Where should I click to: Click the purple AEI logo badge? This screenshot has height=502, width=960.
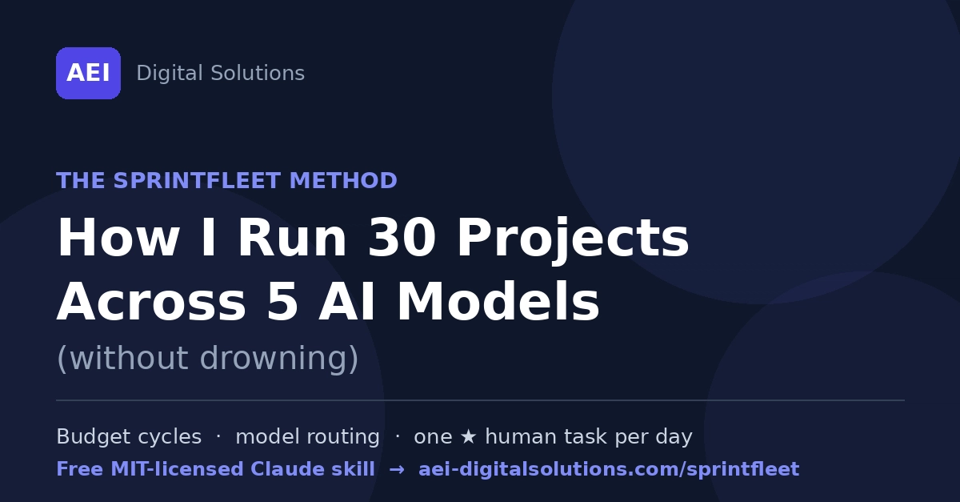[88, 74]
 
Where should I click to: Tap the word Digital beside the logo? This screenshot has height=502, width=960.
[170, 74]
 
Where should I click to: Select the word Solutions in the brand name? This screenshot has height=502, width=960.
[258, 73]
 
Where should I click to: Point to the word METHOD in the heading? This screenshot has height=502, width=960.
[344, 180]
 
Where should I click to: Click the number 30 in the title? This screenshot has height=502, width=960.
[402, 237]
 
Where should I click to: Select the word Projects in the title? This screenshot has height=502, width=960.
[573, 239]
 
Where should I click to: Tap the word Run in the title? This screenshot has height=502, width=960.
[292, 237]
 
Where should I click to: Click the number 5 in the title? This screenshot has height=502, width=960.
[282, 301]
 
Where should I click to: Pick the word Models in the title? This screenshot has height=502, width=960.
[498, 301]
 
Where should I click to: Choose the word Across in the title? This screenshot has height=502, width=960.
[151, 301]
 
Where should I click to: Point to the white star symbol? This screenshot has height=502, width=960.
[469, 437]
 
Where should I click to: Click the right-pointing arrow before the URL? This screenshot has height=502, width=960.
[397, 469]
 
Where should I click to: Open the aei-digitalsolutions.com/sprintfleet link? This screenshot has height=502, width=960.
[609, 469]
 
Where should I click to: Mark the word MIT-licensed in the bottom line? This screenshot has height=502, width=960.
[178, 469]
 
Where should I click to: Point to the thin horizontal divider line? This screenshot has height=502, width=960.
[481, 400]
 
